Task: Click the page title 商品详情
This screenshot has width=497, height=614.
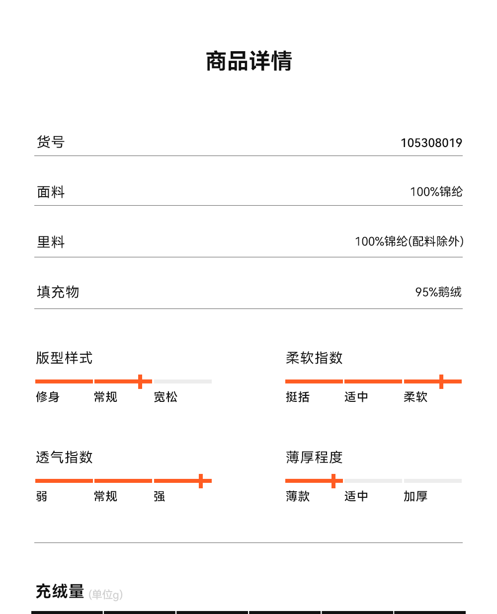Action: point(248,62)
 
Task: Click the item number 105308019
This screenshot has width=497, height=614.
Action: point(431,143)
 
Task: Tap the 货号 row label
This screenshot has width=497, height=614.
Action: point(51,142)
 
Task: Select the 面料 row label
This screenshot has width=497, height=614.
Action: point(51,192)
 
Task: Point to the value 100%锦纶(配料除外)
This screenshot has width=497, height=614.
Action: point(409,242)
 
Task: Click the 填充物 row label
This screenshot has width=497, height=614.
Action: point(58,292)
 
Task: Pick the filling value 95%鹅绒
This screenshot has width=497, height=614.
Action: point(438,292)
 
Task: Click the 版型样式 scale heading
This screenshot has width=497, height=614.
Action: point(64,358)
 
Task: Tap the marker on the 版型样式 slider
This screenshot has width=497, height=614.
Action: point(140,382)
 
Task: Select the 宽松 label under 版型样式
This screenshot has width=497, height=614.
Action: point(166,397)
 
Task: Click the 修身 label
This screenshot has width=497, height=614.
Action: point(48,397)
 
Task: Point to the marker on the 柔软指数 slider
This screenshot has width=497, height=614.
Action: point(441,382)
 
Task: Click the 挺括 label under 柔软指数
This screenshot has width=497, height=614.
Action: point(298,397)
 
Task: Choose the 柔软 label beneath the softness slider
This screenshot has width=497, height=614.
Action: point(415,397)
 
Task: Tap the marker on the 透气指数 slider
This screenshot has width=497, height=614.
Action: point(201,481)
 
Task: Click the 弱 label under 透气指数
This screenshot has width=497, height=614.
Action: point(42,496)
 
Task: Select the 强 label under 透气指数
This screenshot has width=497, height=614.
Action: point(160,496)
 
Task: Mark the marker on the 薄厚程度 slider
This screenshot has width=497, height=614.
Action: point(333,481)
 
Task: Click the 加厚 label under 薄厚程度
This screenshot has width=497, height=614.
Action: point(415,496)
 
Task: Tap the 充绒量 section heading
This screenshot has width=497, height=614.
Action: point(60,592)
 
